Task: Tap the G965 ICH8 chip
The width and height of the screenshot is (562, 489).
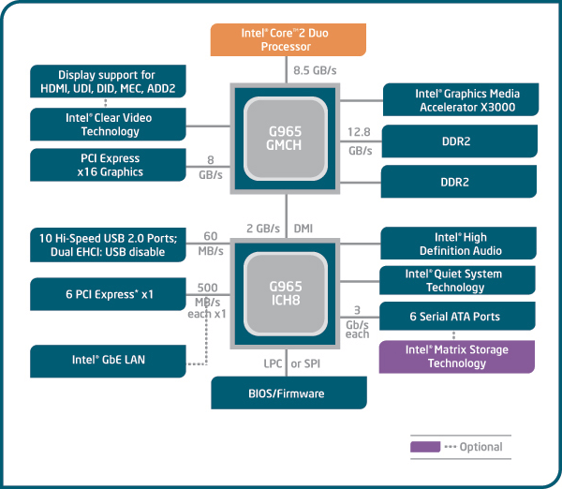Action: (285, 293)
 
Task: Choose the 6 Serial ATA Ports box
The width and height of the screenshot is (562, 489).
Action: (459, 317)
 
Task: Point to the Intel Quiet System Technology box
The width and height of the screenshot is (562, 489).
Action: (459, 280)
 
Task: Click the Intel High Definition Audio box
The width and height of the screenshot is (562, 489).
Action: (459, 244)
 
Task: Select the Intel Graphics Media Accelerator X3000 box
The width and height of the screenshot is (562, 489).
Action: (461, 100)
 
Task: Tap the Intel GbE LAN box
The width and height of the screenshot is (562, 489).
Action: (108, 359)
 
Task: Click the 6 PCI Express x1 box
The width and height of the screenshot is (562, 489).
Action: (108, 293)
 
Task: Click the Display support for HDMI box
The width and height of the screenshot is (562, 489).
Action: (108, 81)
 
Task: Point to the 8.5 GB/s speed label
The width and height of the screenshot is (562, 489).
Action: (314, 70)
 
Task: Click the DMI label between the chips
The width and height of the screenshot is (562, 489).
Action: (304, 229)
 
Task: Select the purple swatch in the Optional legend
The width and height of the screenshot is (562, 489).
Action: (424, 447)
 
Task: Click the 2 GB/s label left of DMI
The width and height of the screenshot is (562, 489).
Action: (263, 229)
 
